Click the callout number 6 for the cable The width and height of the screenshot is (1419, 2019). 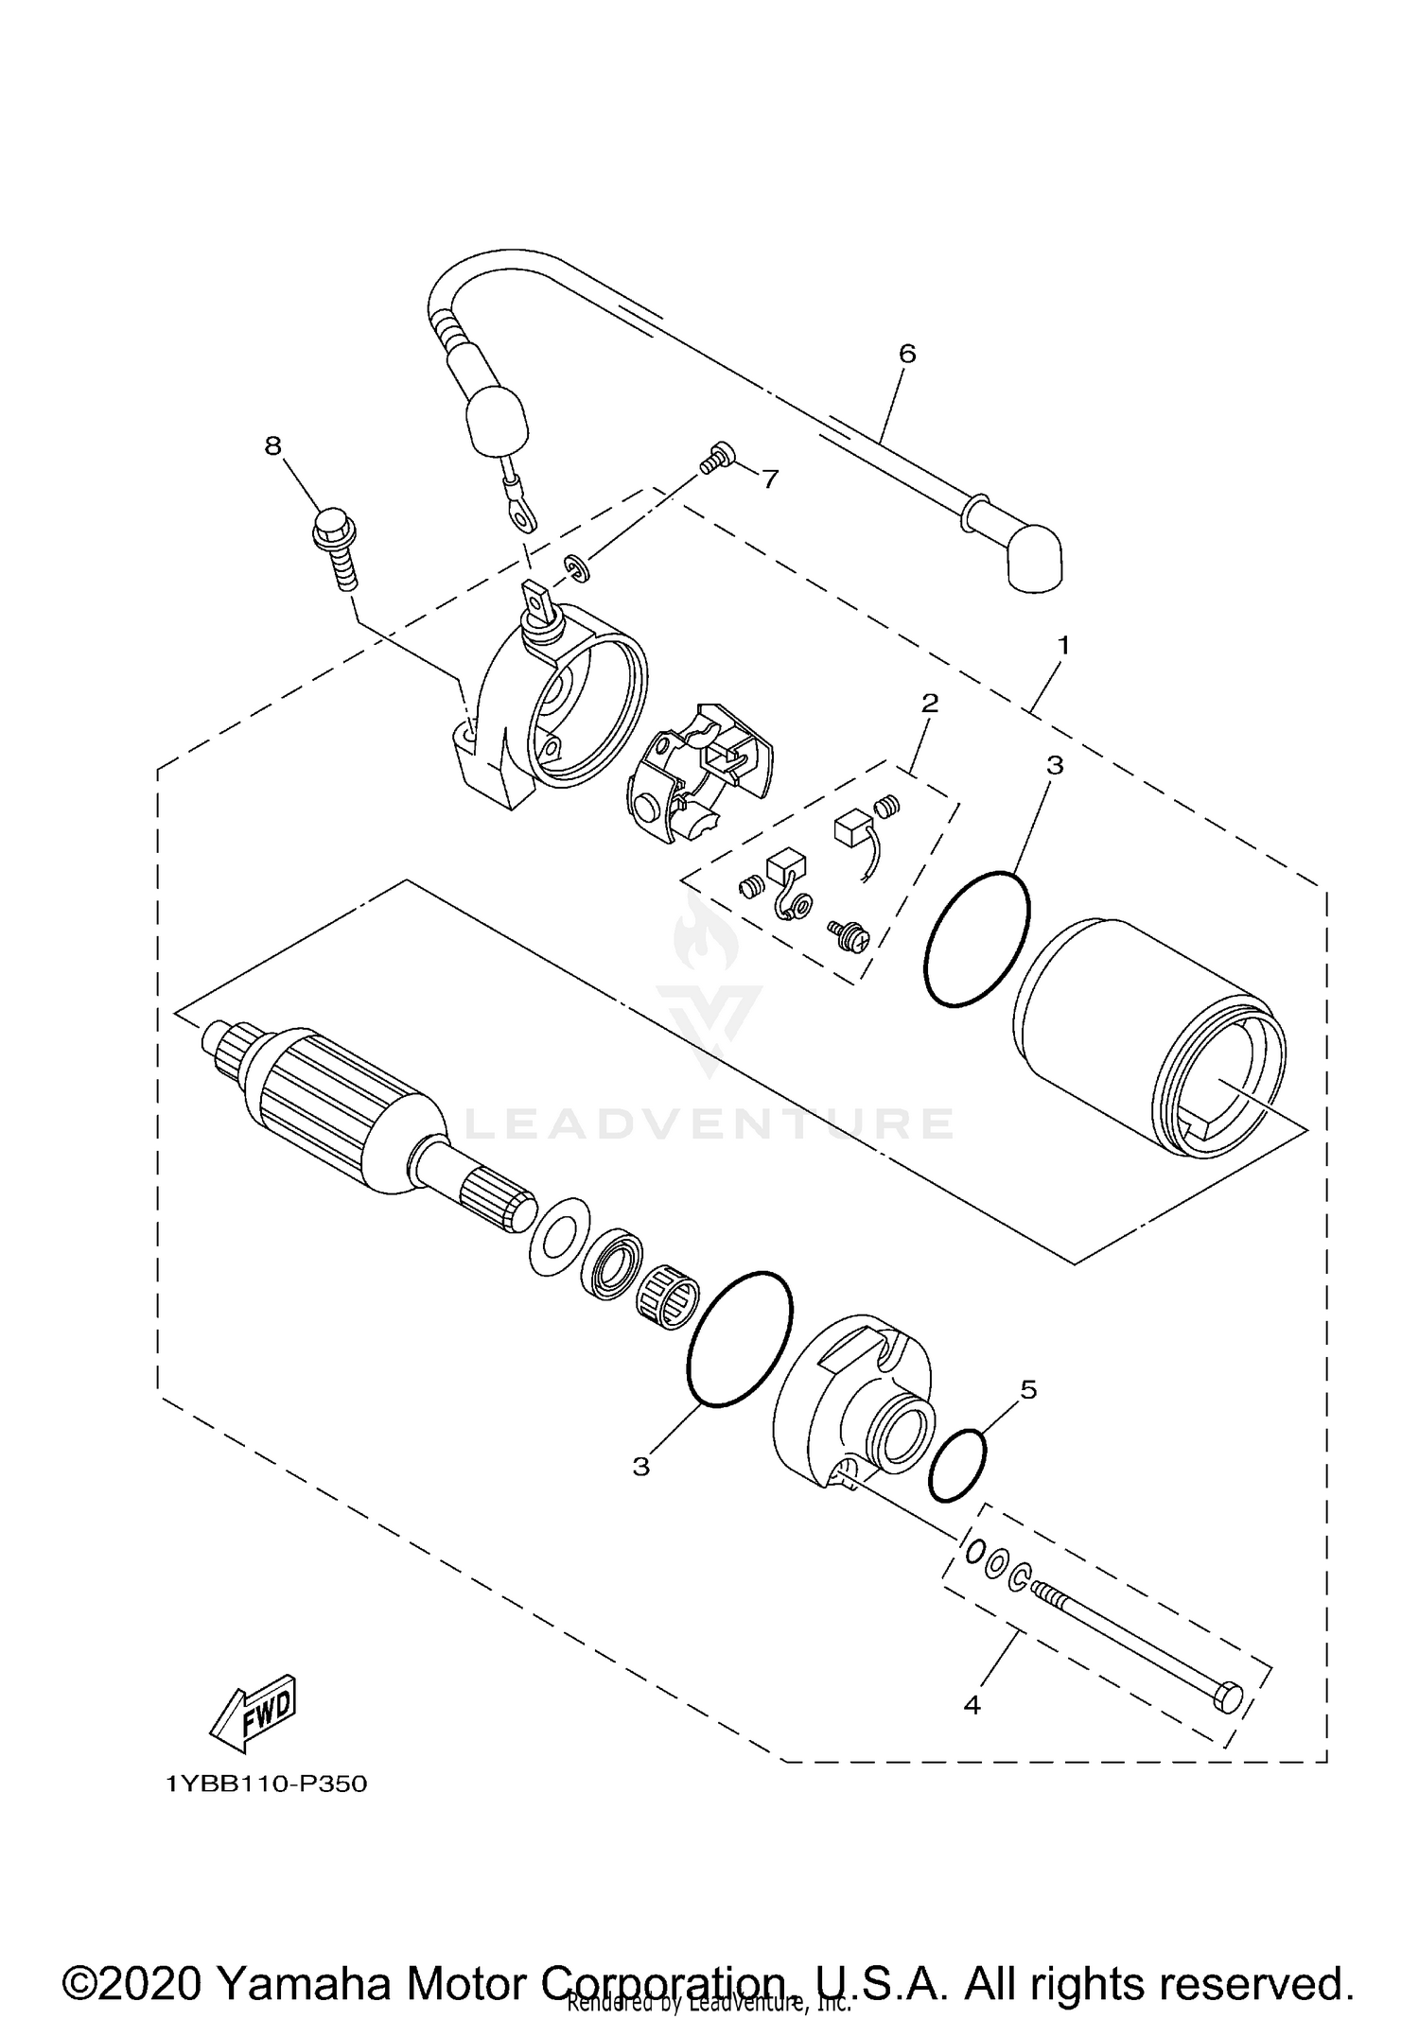906,354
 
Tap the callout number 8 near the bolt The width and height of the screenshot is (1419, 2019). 273,445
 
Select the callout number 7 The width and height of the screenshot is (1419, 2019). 770,479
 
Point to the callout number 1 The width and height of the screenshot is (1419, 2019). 1063,646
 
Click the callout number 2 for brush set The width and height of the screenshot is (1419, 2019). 929,703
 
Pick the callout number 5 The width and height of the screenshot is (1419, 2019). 1028,1389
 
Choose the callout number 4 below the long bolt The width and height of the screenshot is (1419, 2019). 972,1704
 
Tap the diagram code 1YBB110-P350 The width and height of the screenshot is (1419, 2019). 266,1784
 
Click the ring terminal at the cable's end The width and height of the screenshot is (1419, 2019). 519,513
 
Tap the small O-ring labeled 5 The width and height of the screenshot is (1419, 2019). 956,1464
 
